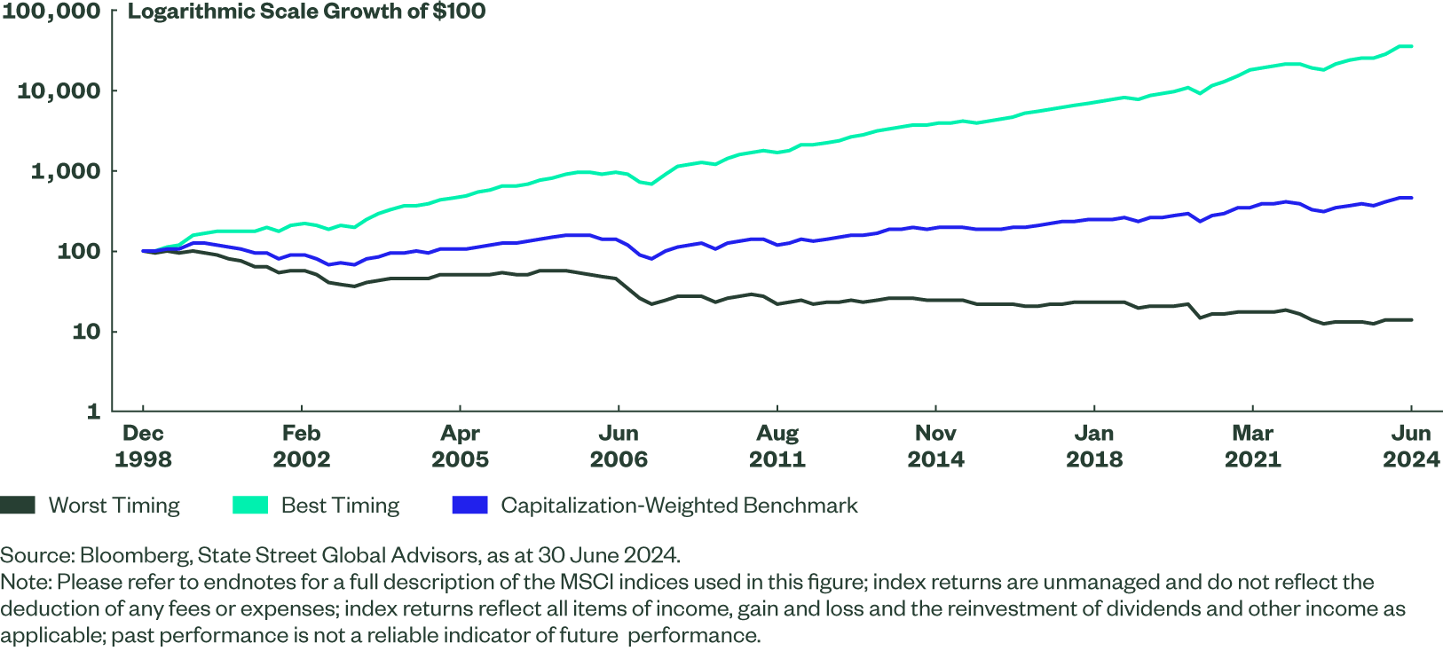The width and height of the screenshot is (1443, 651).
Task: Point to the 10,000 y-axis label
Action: click(59, 90)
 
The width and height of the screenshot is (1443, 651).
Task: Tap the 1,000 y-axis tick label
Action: click(66, 171)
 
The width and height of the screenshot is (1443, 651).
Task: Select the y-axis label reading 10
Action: click(85, 332)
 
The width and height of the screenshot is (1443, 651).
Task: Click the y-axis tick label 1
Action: click(93, 412)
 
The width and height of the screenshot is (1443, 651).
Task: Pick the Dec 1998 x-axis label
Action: click(143, 446)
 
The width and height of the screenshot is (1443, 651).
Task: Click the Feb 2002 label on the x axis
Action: click(301, 446)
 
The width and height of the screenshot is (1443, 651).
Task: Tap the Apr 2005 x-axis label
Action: click(460, 446)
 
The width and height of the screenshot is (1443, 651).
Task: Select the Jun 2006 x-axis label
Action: click(619, 446)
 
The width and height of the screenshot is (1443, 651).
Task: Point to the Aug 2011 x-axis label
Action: click(777, 446)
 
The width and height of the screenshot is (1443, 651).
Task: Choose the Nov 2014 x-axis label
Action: click(935, 446)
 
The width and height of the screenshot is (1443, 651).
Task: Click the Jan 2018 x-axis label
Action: click(1094, 446)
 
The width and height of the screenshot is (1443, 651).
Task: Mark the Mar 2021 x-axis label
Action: click(1252, 446)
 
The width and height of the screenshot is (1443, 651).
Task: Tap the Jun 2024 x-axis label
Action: click(1411, 446)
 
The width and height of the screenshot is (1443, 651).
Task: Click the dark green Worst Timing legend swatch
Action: click(18, 506)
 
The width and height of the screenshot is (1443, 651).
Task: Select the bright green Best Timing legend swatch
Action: click(249, 506)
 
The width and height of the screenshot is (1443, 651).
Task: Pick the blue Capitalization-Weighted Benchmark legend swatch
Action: click(469, 506)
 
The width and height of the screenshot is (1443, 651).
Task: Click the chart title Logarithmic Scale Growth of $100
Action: click(306, 12)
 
